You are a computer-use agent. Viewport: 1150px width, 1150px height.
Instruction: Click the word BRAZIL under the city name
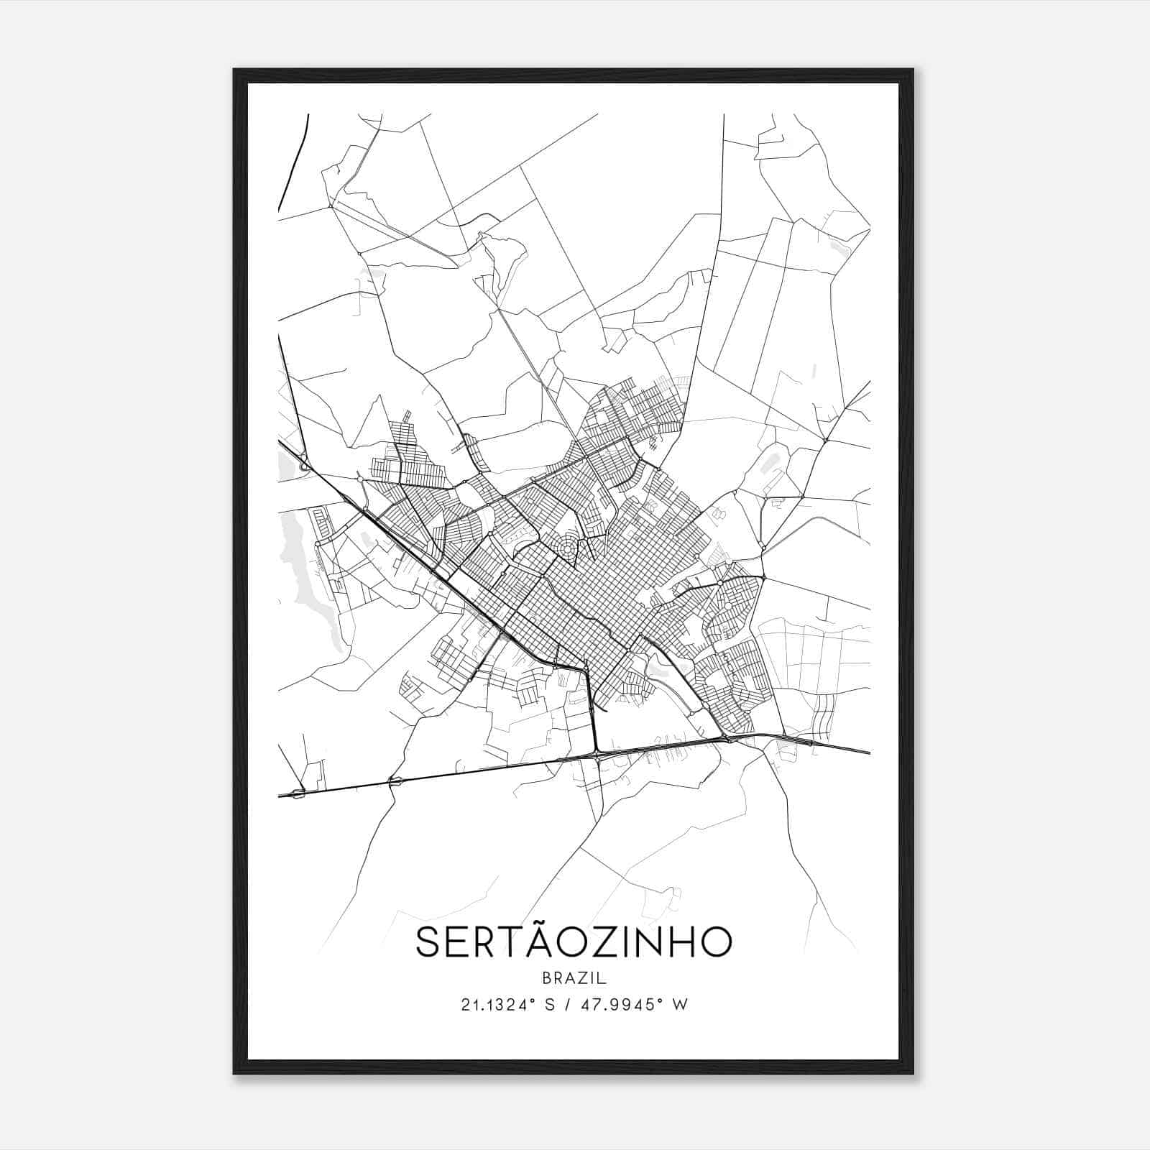click(574, 977)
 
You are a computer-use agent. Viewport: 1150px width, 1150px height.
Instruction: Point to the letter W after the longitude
click(680, 1005)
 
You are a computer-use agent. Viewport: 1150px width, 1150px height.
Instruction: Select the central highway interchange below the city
click(597, 755)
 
